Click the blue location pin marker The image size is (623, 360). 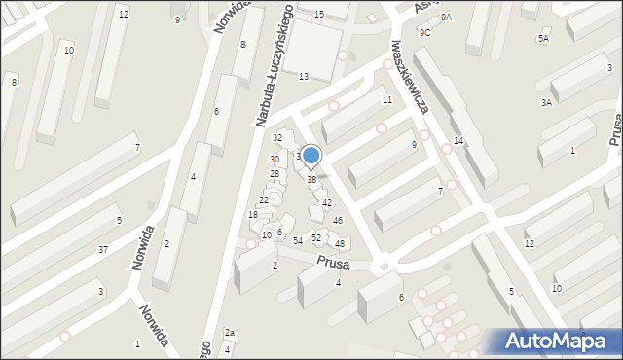[x=311, y=156]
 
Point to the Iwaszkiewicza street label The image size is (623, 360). [x=410, y=77]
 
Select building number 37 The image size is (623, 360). [x=102, y=250]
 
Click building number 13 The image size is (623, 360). [x=304, y=76]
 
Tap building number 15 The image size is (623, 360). [x=319, y=15]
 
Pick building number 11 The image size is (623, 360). [x=387, y=100]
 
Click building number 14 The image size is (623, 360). [x=458, y=142]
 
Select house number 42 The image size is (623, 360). [x=327, y=202]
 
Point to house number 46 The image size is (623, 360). [x=337, y=221]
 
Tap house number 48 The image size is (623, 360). [x=340, y=243]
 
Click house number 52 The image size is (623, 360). [x=316, y=237]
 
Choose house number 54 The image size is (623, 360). [x=298, y=239]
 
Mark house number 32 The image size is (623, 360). [x=277, y=137]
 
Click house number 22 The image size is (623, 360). [x=264, y=199]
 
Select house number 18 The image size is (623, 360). [x=253, y=214]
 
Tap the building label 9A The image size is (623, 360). [x=446, y=18]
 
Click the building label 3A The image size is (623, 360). [x=547, y=102]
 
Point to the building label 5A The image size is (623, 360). [x=543, y=38]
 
